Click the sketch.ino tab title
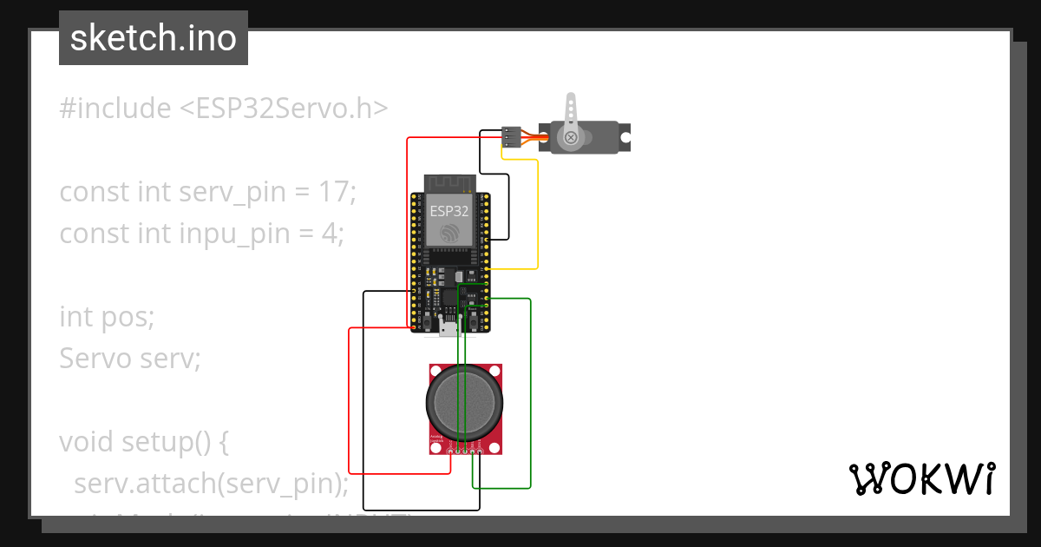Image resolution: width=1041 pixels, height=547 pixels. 154,38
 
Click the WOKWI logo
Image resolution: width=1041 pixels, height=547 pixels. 920,478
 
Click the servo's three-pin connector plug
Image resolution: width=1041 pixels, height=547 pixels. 511,136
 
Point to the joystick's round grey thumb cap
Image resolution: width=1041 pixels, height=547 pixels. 464,401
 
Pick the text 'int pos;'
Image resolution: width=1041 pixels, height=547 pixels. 107,317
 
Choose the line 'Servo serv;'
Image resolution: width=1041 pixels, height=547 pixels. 130,358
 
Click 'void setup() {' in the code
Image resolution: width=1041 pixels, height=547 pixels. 144,442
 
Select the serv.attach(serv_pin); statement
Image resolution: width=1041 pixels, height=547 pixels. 212,483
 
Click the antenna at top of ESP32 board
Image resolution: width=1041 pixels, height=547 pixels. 449,183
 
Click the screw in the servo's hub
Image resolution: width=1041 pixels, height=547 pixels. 571,137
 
